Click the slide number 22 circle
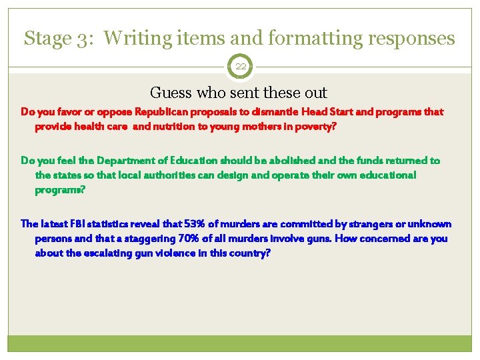pos(240,67)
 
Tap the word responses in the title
pos(411,39)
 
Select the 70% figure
pos(181,238)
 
